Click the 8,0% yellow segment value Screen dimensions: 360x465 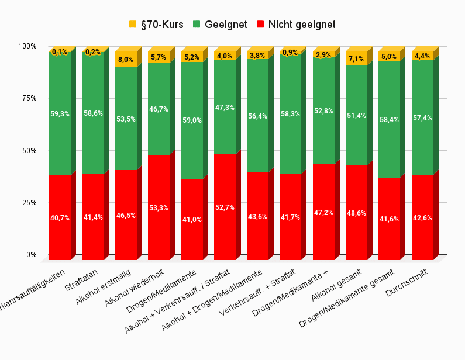tap(126, 60)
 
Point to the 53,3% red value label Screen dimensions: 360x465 tap(159, 208)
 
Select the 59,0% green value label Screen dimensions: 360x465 tap(192, 120)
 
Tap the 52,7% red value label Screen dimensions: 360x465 tap(225, 207)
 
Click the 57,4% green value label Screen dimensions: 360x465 tap(422, 118)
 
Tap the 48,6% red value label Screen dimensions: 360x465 tap(357, 213)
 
